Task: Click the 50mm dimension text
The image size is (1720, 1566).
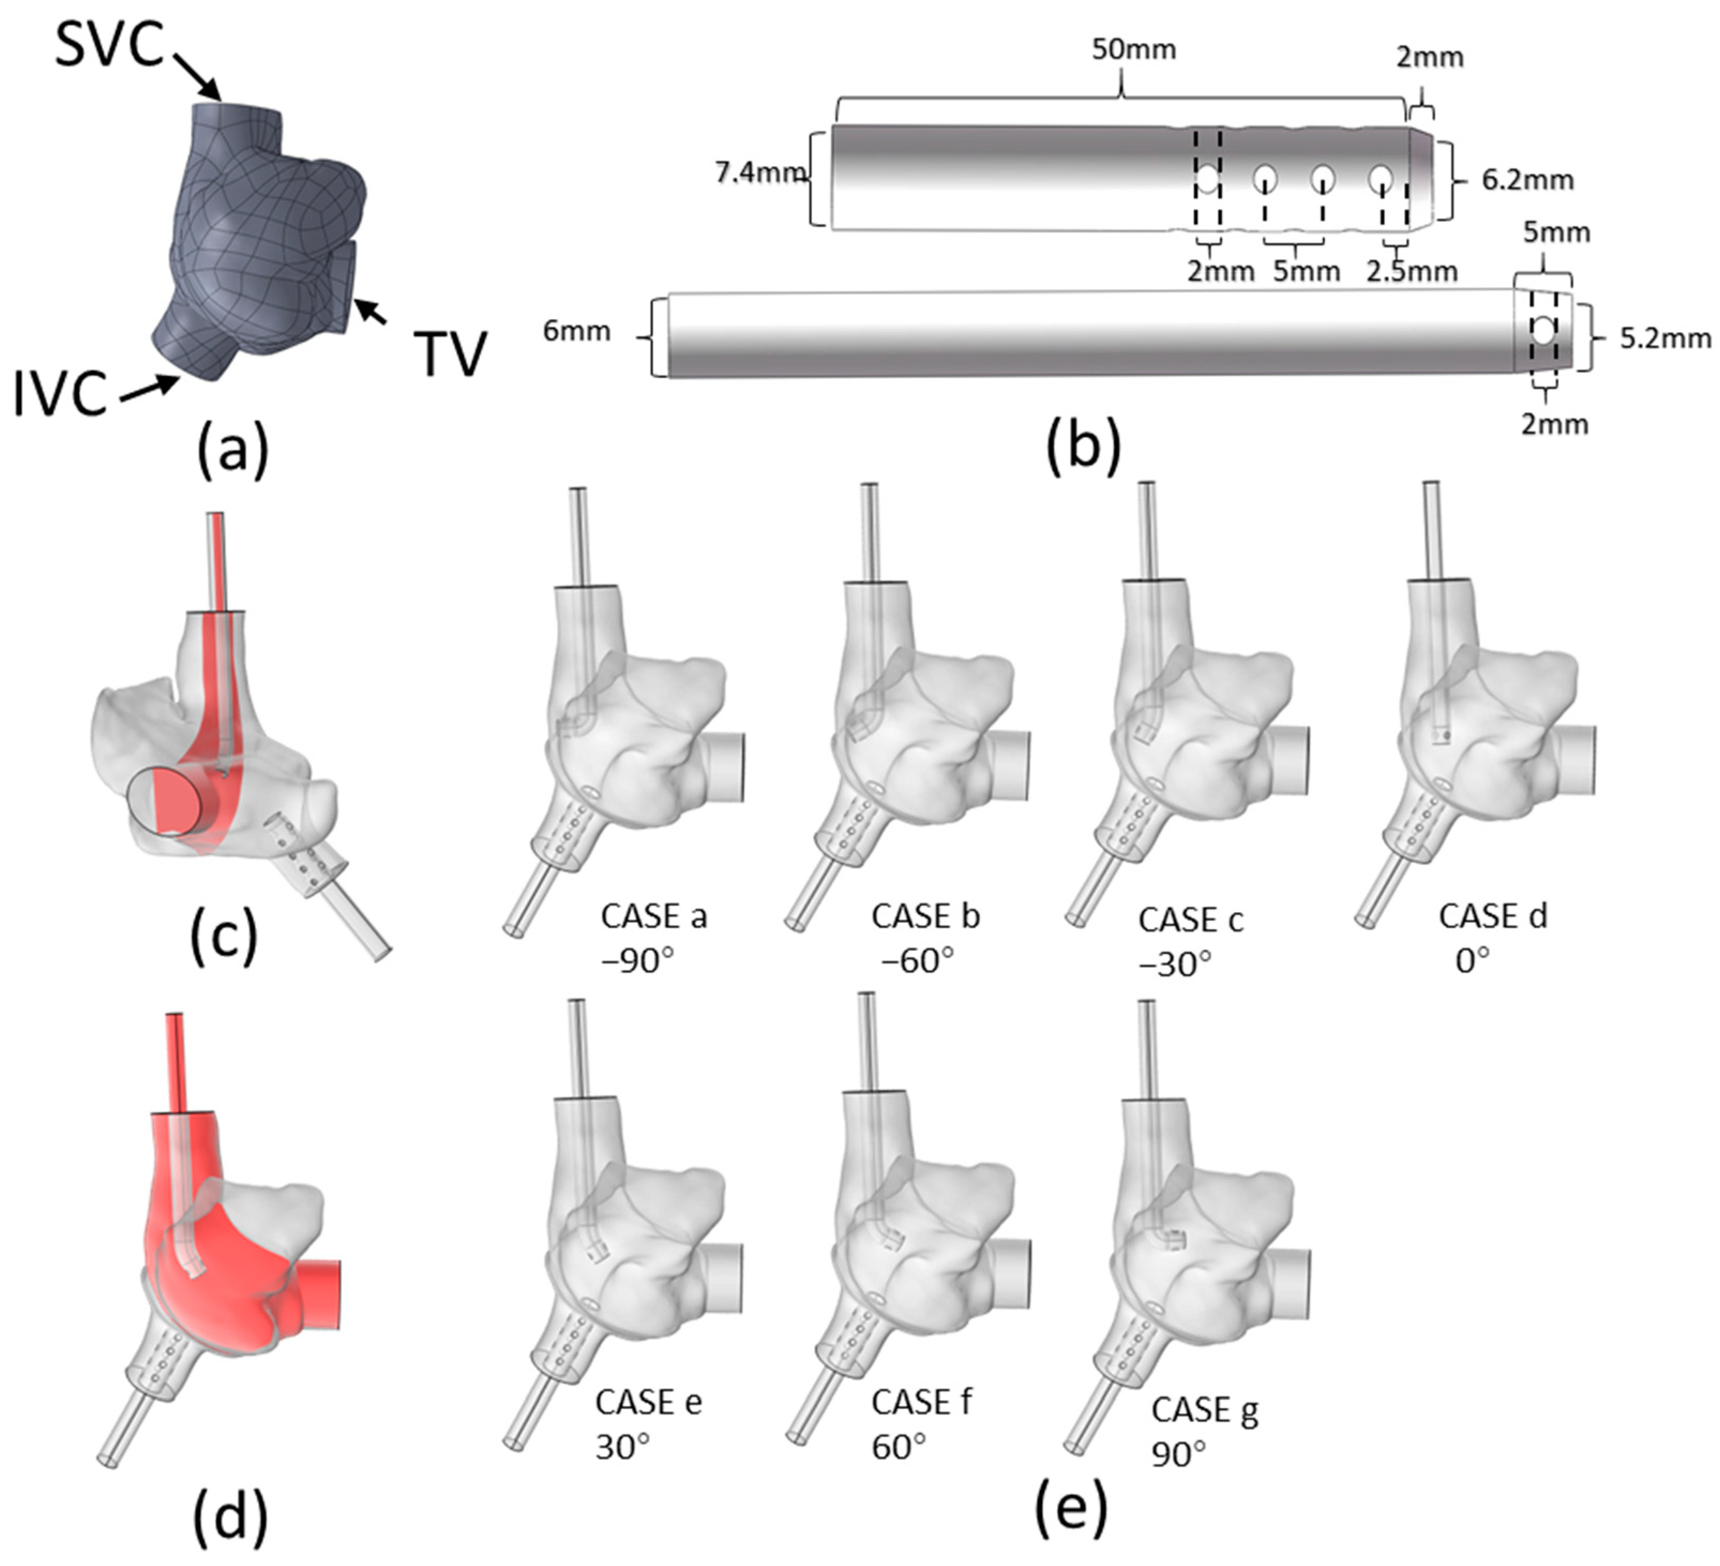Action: click(x=1133, y=49)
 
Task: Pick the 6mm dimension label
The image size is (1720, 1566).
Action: click(x=577, y=331)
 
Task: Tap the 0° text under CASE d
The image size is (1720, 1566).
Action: click(x=1472, y=962)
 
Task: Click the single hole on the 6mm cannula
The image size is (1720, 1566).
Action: click(x=1543, y=330)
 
